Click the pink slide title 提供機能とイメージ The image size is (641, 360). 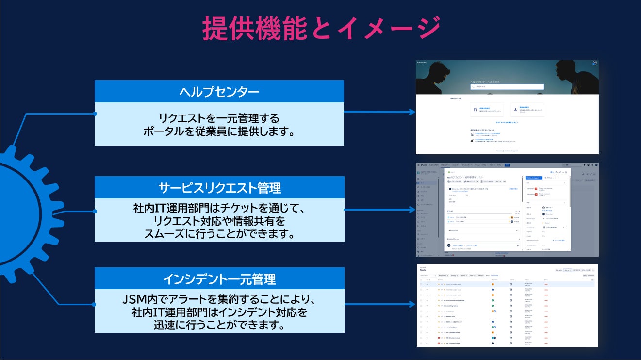pyautogui.click(x=321, y=28)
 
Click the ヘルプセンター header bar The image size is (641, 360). pyautogui.click(x=219, y=92)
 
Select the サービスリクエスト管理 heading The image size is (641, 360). pyautogui.click(x=219, y=188)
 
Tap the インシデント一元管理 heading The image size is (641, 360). pyautogui.click(x=219, y=279)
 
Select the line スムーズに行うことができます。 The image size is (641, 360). pyautogui.click(x=219, y=234)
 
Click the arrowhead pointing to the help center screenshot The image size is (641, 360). pyautogui.click(x=412, y=112)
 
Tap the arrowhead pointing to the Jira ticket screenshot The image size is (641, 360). pyautogui.click(x=412, y=210)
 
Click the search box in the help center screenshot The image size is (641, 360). pyautogui.click(x=507, y=87)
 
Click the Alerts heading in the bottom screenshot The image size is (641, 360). pyautogui.click(x=423, y=270)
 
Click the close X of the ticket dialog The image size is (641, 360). pyautogui.click(x=566, y=172)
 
